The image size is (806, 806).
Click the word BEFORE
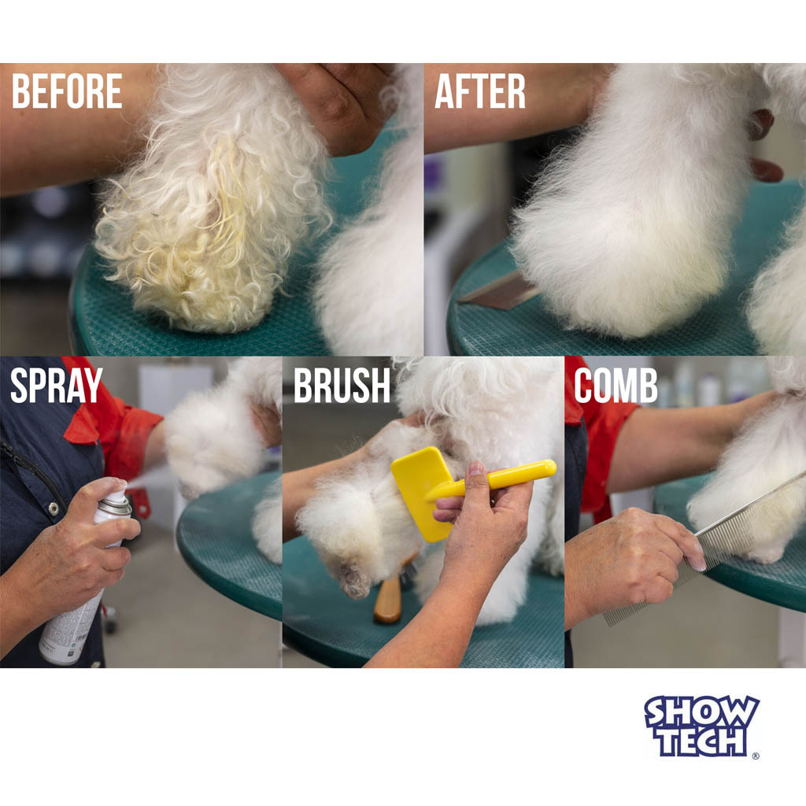[x=67, y=91]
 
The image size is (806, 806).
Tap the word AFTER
[x=480, y=91]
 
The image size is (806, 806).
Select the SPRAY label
[x=57, y=385]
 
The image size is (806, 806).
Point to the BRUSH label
[x=342, y=385]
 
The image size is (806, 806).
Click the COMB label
[x=616, y=385]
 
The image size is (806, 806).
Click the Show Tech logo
[x=701, y=725]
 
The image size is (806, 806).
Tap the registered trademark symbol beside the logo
[x=755, y=756]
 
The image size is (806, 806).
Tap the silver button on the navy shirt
[x=54, y=509]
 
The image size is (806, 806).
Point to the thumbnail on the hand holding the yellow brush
[x=476, y=469]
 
